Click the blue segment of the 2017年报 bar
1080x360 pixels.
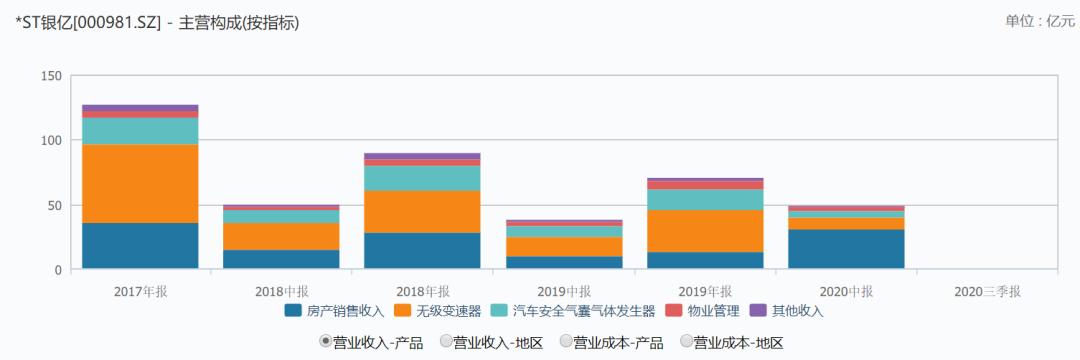tap(140, 246)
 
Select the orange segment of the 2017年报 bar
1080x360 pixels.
tap(140, 184)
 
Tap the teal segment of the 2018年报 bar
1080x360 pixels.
tap(422, 178)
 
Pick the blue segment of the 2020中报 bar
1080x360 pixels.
tap(846, 249)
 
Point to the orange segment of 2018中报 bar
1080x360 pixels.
tap(281, 236)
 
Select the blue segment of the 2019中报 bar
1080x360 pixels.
tap(564, 262)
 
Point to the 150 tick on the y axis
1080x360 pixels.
tap(52, 77)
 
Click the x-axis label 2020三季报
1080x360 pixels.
tap(987, 291)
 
